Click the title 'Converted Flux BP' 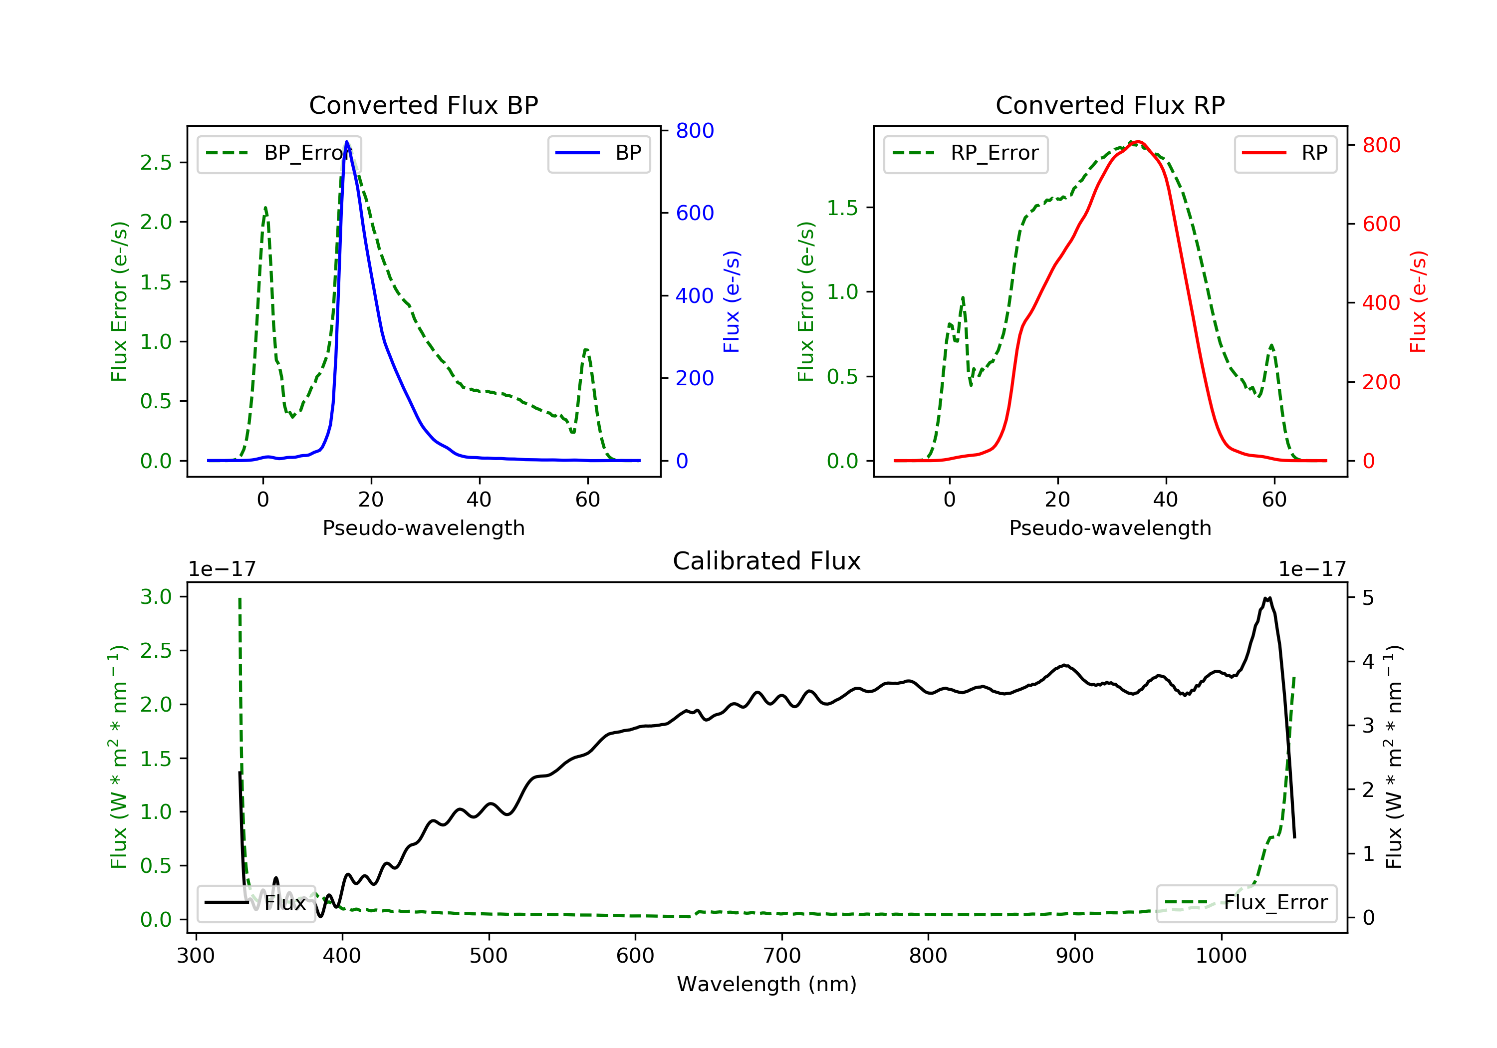pyautogui.click(x=423, y=105)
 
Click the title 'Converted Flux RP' pyautogui.click(x=1110, y=105)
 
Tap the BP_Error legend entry pyautogui.click(x=278, y=153)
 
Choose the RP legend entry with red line pyautogui.click(x=1285, y=153)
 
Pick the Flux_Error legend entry pyautogui.click(x=1246, y=903)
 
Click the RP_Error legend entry pyautogui.click(x=966, y=153)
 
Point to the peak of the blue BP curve pyautogui.click(x=347, y=142)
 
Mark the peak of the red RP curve pyautogui.click(x=1137, y=142)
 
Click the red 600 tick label pyautogui.click(x=1381, y=224)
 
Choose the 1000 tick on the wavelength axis pyautogui.click(x=1221, y=956)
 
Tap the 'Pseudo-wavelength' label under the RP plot pyautogui.click(x=1110, y=527)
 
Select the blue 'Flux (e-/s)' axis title pyautogui.click(x=732, y=301)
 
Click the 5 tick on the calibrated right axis pyautogui.click(x=1368, y=597)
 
